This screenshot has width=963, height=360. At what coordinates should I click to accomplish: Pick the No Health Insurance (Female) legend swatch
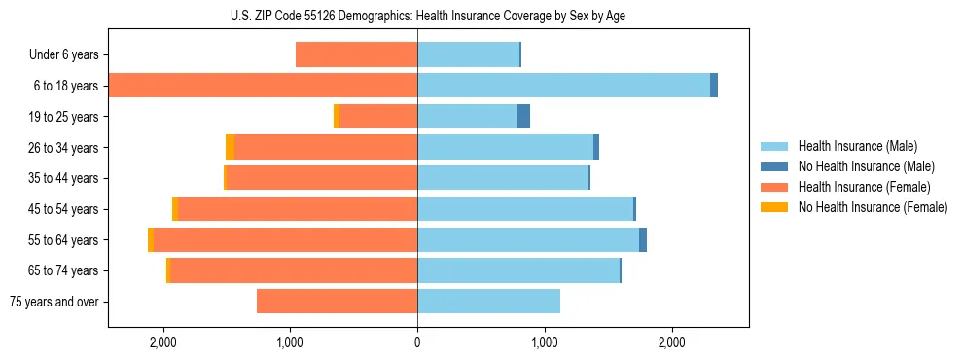coord(775,207)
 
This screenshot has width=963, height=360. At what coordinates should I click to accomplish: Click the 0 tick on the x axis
coord(417,342)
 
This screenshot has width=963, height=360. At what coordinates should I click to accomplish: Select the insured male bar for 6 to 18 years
coord(563,86)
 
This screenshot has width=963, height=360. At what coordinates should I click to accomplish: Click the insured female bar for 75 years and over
coord(337,302)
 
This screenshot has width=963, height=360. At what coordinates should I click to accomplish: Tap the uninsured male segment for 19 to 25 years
coord(523,117)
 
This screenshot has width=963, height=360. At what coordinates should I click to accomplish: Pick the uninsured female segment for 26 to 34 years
coord(230,147)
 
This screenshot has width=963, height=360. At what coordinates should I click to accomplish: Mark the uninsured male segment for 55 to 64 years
coord(643,239)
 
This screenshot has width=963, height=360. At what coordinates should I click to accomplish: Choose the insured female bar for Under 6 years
coord(356,55)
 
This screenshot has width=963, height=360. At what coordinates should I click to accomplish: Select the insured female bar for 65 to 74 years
coord(294,270)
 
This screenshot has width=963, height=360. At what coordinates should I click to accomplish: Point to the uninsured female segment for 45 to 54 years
coord(175,209)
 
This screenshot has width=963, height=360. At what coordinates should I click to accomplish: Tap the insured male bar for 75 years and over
coord(488,302)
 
